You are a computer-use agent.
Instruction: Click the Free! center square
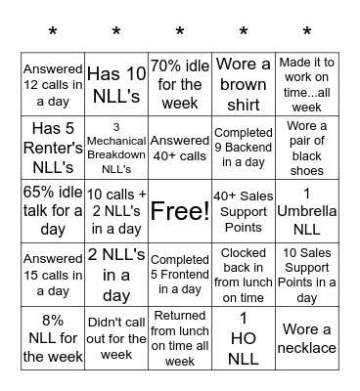click(180, 211)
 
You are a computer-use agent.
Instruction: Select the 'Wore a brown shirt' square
click(244, 84)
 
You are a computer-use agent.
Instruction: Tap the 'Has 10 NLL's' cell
click(116, 84)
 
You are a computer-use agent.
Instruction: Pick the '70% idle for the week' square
click(180, 84)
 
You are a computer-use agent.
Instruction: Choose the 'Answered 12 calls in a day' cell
click(53, 84)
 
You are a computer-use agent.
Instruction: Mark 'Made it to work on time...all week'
click(307, 84)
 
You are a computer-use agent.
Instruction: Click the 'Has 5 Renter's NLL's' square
click(53, 148)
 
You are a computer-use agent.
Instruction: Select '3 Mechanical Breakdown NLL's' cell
click(116, 148)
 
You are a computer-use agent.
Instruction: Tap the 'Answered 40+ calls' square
click(180, 148)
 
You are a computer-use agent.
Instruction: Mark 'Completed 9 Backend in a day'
click(244, 148)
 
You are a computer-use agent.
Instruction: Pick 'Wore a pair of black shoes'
click(307, 148)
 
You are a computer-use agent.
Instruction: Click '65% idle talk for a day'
click(53, 211)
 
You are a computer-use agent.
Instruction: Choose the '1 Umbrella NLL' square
click(307, 211)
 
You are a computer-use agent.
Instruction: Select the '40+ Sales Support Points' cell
click(244, 211)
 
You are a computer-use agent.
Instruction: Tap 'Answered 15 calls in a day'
click(53, 275)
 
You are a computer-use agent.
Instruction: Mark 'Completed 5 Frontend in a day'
click(180, 275)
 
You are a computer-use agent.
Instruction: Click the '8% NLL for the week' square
click(53, 338)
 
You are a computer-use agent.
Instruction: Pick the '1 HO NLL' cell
click(244, 338)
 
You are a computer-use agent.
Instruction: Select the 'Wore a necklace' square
click(307, 338)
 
